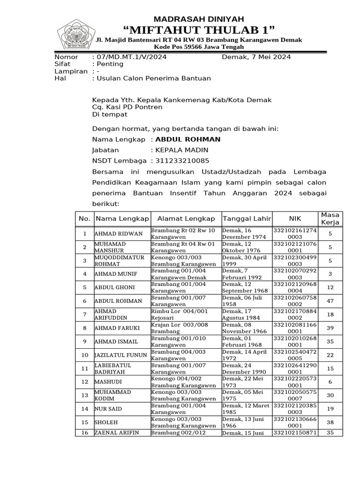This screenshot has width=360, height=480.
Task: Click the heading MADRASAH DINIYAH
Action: click(x=199, y=19)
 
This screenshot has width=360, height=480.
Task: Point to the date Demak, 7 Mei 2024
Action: click(x=256, y=57)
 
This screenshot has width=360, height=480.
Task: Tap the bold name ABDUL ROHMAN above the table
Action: click(x=187, y=140)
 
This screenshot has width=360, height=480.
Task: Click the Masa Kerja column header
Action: click(x=330, y=218)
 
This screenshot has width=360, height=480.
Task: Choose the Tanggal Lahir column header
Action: click(x=247, y=218)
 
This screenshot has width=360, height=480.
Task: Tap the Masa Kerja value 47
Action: click(x=330, y=301)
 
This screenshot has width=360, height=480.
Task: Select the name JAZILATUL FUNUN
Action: click(x=121, y=355)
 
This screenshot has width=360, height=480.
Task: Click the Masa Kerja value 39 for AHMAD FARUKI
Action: click(x=330, y=328)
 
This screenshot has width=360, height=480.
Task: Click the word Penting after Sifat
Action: click(x=109, y=64)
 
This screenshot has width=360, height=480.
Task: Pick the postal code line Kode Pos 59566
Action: click(x=199, y=47)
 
